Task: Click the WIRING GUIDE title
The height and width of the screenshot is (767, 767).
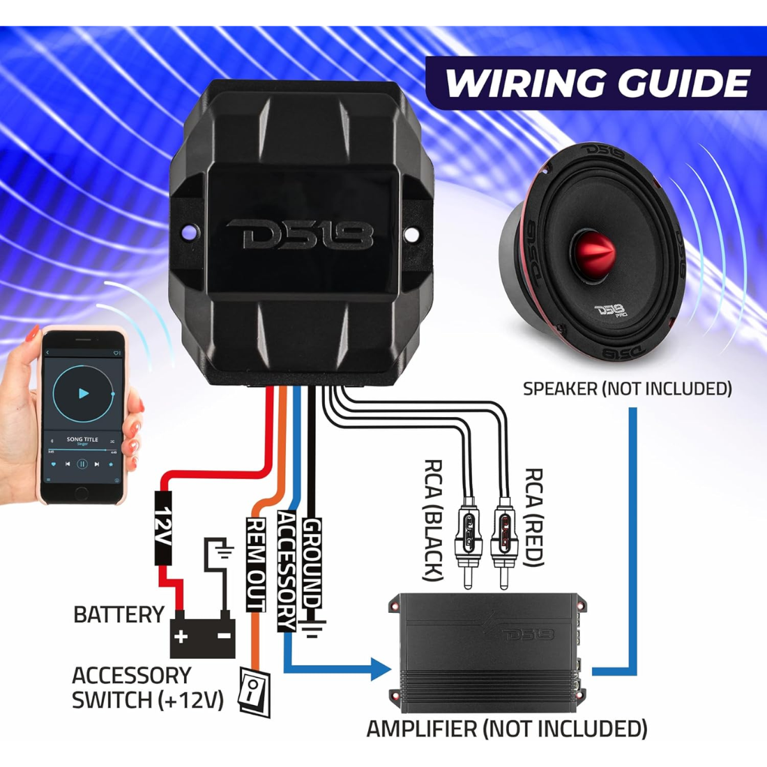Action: pyautogui.click(x=596, y=83)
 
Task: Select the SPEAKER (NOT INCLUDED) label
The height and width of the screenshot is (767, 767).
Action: pyautogui.click(x=627, y=389)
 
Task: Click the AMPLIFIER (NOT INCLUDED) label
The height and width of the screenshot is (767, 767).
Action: pyautogui.click(x=507, y=729)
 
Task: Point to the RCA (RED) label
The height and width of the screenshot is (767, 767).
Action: pyautogui.click(x=533, y=517)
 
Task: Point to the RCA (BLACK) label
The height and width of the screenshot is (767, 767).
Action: pyautogui.click(x=433, y=519)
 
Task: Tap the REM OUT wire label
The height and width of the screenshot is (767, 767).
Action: pyautogui.click(x=257, y=565)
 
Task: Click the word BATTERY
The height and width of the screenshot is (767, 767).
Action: pyautogui.click(x=119, y=615)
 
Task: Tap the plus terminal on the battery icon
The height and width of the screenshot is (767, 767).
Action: pyautogui.click(x=181, y=636)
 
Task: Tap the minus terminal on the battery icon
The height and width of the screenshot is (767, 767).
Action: pyautogui.click(x=224, y=636)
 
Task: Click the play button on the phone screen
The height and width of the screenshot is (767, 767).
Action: pyautogui.click(x=83, y=393)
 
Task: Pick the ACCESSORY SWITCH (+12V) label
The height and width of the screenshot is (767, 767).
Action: pyautogui.click(x=147, y=688)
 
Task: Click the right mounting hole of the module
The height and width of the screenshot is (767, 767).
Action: pyautogui.click(x=411, y=234)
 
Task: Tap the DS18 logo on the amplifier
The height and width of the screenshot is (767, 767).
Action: pyautogui.click(x=528, y=634)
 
